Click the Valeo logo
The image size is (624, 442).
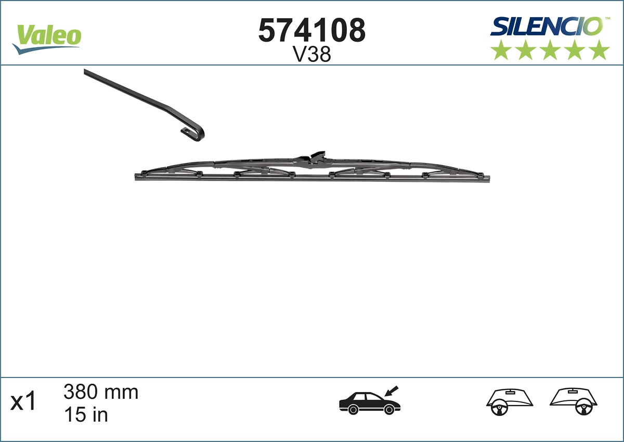tap(47, 38)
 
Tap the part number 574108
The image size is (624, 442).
tap(312, 31)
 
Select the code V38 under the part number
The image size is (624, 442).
tap(312, 55)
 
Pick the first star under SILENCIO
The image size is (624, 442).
tap(501, 50)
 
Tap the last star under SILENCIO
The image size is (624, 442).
tap(600, 50)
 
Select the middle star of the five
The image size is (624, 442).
tap(550, 50)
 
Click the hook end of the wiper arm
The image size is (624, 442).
tap(194, 133)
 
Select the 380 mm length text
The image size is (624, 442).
tap(101, 392)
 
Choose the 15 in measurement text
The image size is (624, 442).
tap(86, 414)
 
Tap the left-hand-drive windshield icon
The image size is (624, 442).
tap(510, 402)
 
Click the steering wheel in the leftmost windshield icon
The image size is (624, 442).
tap(500, 408)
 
